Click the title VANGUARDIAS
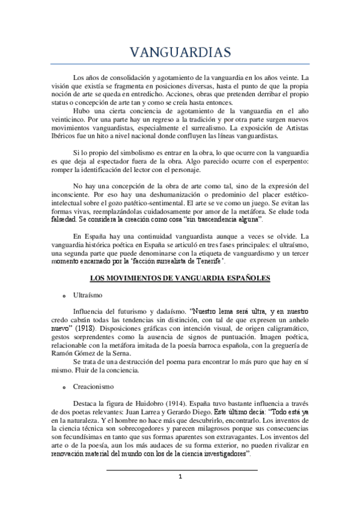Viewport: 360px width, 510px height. click(180, 53)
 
